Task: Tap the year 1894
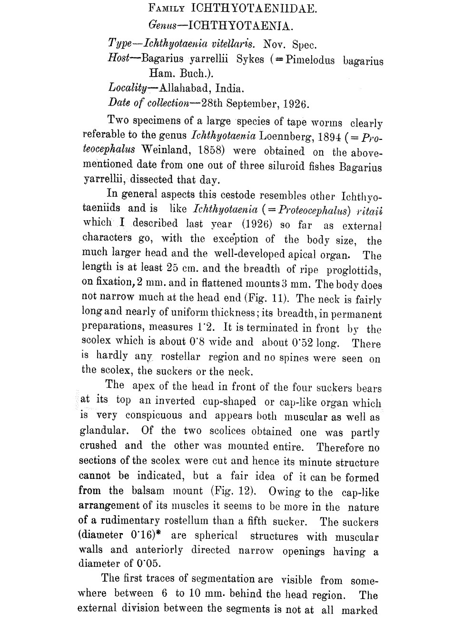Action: (x=333, y=137)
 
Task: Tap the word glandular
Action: (x=103, y=431)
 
